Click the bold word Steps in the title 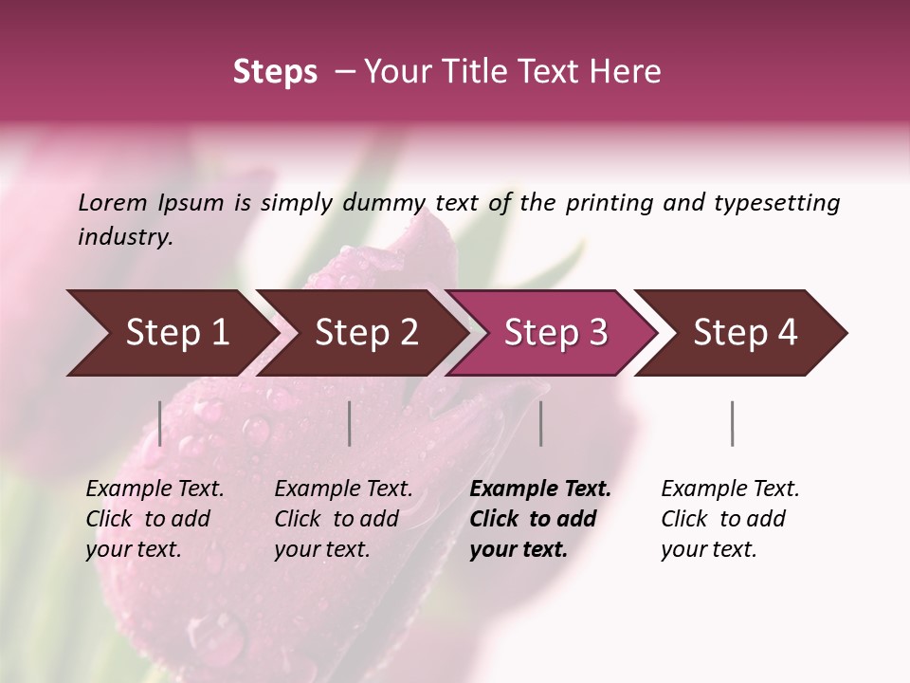(275, 72)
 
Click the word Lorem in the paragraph (113, 203)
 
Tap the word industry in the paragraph (125, 237)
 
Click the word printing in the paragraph (607, 203)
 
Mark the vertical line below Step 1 (160, 423)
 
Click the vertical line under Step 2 (350, 423)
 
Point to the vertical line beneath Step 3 (540, 423)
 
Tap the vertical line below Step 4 (732, 423)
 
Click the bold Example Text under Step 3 (540, 489)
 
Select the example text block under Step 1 (155, 519)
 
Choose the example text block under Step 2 (343, 519)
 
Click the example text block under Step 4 (730, 519)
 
